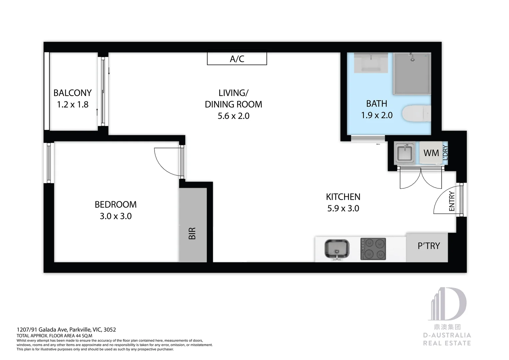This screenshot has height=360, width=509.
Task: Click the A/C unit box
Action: [x=237, y=59]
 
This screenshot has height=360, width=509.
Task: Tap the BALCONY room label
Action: [x=73, y=93]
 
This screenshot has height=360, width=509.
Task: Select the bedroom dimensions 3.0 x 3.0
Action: [x=116, y=216]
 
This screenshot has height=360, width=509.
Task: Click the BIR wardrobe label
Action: [x=192, y=233]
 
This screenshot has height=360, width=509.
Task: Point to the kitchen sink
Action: [x=336, y=249]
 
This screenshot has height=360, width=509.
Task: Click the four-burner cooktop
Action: [x=373, y=249]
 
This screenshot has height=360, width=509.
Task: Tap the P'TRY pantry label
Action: [x=429, y=246]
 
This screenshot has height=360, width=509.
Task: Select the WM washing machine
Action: [x=431, y=153]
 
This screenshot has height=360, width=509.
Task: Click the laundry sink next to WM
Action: [x=405, y=153]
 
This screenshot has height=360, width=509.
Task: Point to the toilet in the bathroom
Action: [x=416, y=113]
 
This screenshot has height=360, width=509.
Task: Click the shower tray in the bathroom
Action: [x=412, y=73]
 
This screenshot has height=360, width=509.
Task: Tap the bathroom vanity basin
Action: [x=371, y=63]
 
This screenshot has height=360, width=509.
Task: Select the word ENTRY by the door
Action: [x=452, y=201]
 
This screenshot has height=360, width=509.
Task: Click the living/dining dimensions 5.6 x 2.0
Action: [x=234, y=116]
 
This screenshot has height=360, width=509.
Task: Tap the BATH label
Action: [x=376, y=104]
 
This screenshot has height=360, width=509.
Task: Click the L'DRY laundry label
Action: [x=445, y=153]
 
